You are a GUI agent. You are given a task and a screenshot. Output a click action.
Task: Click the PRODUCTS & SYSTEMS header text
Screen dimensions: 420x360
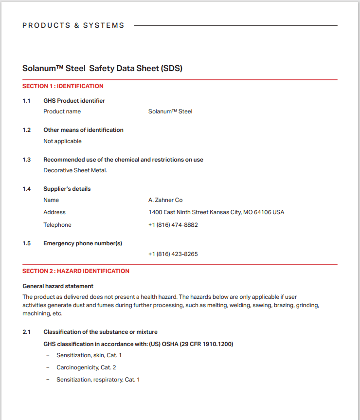point(73,25)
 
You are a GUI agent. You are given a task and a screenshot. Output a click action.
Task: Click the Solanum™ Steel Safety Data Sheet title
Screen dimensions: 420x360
point(102,68)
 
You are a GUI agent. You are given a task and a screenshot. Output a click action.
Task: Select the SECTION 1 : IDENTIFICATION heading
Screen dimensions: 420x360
point(63,86)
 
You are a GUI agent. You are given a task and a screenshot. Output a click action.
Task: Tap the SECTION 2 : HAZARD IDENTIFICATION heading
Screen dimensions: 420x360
point(76,271)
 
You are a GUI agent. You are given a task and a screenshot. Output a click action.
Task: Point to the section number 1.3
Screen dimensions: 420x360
point(26,160)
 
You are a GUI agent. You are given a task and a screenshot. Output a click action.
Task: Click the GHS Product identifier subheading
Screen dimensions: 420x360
point(74,101)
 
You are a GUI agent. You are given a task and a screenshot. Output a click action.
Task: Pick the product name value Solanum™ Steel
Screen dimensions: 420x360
point(170,111)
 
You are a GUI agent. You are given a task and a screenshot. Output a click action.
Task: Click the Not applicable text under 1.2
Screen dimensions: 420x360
point(62,141)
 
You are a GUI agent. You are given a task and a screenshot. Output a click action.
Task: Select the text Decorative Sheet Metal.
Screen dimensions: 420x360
point(75,170)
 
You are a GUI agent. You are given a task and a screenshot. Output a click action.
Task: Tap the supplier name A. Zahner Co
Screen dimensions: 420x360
point(165,200)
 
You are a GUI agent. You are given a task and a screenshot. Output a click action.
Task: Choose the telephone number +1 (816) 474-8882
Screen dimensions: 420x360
point(173,225)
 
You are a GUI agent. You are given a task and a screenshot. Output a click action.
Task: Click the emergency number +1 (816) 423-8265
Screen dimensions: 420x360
point(173,254)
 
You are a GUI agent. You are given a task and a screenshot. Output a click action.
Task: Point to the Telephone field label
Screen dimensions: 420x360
point(57,225)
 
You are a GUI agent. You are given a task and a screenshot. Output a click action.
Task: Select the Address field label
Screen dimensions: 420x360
point(54,212)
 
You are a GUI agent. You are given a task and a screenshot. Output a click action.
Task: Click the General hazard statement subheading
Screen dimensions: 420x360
point(58,286)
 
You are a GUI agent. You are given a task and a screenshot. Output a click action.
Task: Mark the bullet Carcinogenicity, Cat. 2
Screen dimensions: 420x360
point(86,367)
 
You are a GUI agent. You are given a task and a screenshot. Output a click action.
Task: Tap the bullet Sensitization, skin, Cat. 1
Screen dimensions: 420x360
point(89,355)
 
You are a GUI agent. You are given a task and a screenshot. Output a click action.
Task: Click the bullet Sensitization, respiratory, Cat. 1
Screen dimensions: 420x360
point(98,380)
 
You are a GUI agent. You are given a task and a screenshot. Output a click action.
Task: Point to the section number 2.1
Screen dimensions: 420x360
point(26,332)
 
